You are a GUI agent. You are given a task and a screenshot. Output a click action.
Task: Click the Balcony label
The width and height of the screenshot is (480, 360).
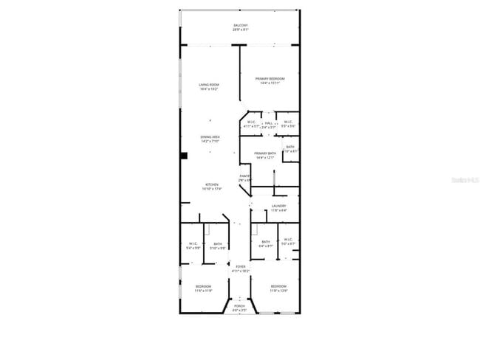[241, 25]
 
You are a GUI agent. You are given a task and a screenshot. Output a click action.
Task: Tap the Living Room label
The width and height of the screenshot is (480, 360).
[209, 85]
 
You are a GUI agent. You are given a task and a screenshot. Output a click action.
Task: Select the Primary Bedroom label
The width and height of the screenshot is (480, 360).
[270, 78]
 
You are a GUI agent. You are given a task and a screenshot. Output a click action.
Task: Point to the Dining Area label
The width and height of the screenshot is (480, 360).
[210, 136]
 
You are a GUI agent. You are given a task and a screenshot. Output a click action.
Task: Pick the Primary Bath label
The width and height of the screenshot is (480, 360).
[264, 153]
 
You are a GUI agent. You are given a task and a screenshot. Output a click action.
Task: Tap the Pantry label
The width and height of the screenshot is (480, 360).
[245, 176]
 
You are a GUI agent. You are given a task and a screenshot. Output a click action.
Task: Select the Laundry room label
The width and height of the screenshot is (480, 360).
[278, 206]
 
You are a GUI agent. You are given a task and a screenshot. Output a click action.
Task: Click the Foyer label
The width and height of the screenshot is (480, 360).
[239, 266]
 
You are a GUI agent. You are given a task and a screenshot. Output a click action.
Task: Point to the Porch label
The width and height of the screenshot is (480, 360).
[239, 305]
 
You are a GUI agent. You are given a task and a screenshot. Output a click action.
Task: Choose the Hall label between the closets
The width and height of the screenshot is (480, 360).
[269, 122]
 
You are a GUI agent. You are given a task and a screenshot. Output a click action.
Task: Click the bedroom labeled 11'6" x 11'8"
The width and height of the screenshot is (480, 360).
[203, 286]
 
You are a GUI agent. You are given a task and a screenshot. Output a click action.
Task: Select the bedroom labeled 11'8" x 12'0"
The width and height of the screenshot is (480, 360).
[278, 286]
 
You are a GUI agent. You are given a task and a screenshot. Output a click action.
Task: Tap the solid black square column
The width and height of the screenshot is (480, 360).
[185, 156]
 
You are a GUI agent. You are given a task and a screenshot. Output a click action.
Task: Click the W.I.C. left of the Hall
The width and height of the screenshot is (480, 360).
[251, 122]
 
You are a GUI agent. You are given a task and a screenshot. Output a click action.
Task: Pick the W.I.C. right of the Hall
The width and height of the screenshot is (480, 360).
[287, 122]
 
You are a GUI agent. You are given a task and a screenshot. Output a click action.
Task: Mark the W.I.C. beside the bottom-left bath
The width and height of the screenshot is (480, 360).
[193, 244]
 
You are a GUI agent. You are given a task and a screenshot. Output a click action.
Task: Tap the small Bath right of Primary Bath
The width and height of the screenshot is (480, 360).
[290, 147]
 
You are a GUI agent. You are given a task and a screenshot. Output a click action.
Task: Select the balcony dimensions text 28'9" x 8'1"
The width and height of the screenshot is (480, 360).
[241, 30]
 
